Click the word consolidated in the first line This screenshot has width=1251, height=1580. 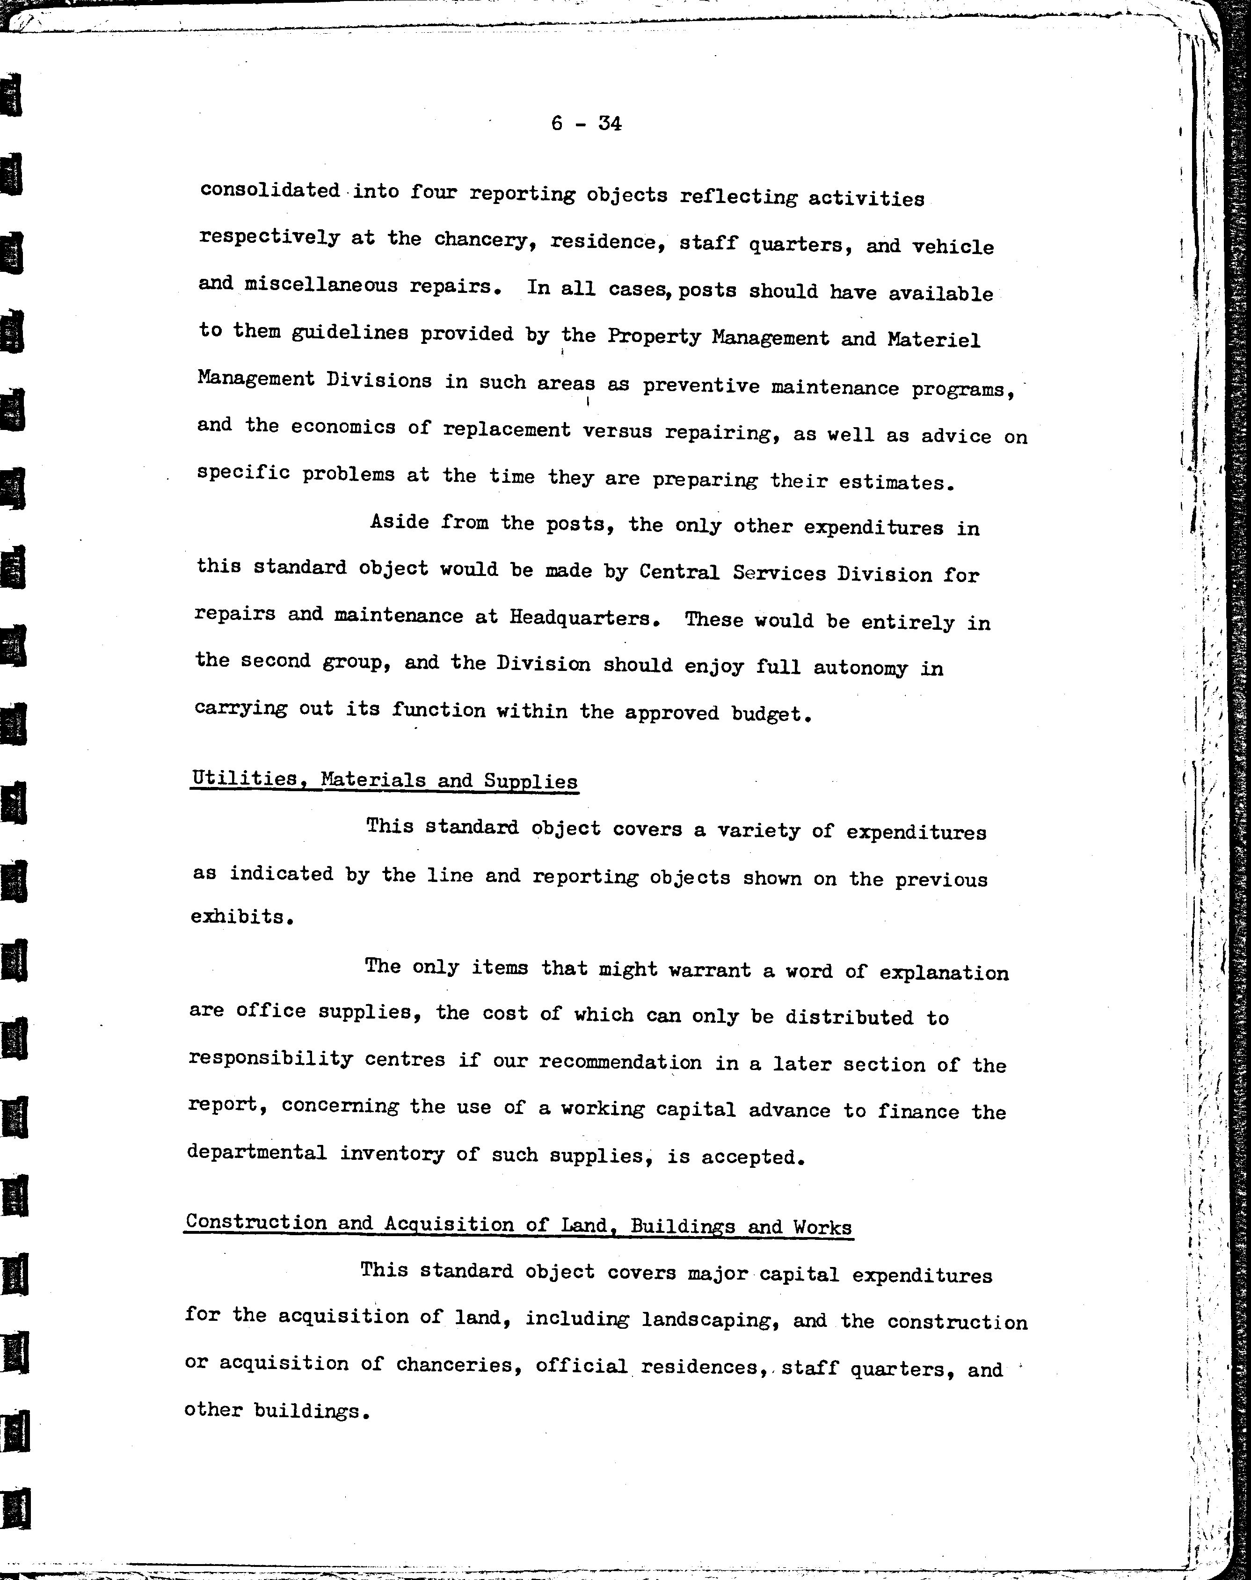(x=269, y=190)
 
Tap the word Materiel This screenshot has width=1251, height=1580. (x=933, y=340)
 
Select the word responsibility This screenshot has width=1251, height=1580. (x=270, y=1059)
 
